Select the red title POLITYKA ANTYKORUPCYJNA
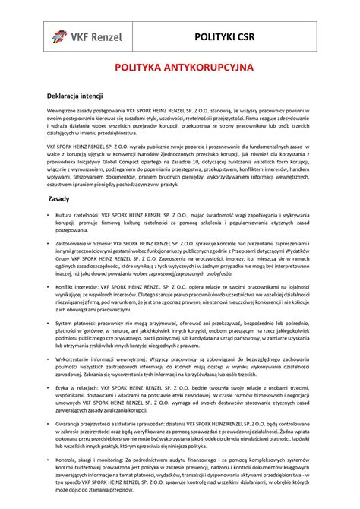[x=179, y=68]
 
